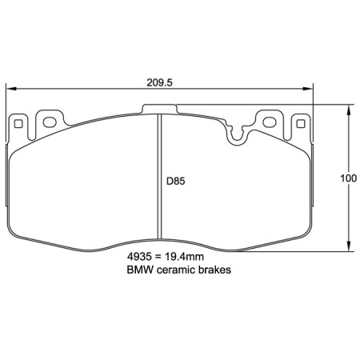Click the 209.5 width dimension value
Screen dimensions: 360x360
click(x=160, y=81)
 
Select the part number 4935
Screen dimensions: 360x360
click(x=139, y=258)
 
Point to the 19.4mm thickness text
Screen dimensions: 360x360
click(x=184, y=258)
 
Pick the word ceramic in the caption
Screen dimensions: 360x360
click(x=178, y=271)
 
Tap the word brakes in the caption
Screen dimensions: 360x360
click(x=214, y=271)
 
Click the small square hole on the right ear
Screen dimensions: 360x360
click(x=301, y=123)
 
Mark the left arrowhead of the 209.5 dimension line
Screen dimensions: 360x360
click(x=11, y=90)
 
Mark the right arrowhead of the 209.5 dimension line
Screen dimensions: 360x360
click(x=310, y=90)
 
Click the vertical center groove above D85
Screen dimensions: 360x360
click(x=161, y=144)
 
